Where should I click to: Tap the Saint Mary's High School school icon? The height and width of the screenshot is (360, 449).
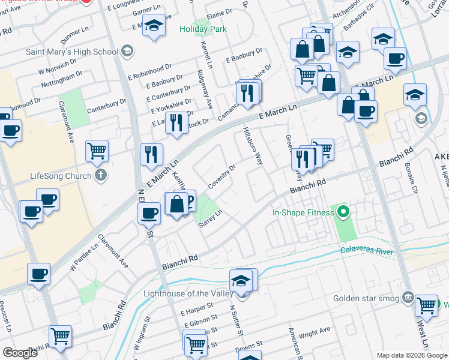click(x=127, y=51)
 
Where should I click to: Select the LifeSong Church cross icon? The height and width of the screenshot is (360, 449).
click(x=101, y=176)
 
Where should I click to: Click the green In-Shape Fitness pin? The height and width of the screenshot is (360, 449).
click(x=343, y=211)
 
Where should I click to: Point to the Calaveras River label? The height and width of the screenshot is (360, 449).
click(x=367, y=251)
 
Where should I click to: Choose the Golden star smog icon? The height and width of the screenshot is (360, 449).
click(x=408, y=297)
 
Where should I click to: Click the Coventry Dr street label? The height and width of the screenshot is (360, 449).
click(x=221, y=175)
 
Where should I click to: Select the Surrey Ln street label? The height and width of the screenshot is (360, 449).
click(x=211, y=219)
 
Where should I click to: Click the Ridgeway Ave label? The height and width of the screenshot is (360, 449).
click(x=205, y=90)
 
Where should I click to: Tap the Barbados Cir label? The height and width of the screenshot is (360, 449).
click(x=358, y=26)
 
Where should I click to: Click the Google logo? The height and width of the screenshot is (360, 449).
click(x=20, y=353)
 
